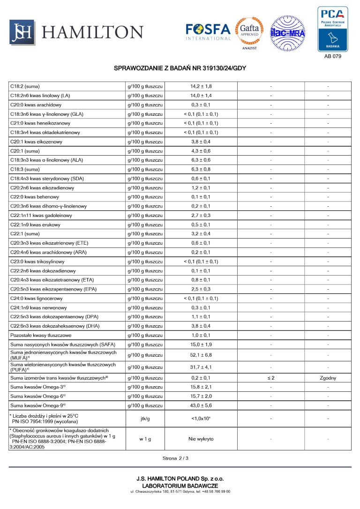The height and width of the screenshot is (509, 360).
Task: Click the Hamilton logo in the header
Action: [76, 32]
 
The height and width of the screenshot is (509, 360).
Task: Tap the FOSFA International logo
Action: [208, 32]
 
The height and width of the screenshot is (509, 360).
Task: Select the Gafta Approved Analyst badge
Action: [249, 33]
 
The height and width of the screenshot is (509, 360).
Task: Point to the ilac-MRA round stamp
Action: [288, 33]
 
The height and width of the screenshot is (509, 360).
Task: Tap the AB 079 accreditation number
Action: [332, 56]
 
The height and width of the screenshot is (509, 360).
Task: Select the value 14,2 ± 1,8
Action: [201, 87]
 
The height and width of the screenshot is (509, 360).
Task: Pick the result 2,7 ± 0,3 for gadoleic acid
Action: [201, 216]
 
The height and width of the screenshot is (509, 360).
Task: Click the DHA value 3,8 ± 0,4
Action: [201, 326]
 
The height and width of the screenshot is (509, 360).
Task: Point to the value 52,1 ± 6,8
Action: [201, 355]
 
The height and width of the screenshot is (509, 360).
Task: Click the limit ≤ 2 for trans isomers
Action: [271, 378]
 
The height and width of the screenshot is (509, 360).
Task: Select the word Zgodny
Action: [328, 378]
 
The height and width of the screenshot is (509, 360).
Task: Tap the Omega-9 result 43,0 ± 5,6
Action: [201, 405]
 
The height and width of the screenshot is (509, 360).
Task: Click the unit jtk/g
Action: [145, 419]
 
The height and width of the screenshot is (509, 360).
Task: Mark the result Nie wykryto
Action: [201, 439]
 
